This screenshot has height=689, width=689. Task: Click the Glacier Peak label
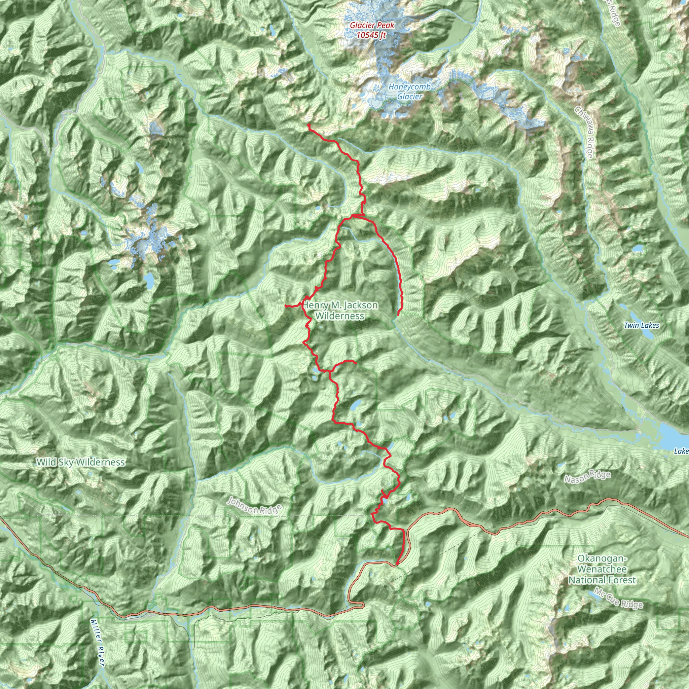point(372,25)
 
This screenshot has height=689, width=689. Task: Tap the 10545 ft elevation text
point(371,35)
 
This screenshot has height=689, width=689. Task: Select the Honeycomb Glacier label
point(409,91)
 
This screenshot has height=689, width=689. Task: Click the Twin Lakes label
point(642,325)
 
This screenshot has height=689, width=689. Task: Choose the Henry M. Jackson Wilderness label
point(340,310)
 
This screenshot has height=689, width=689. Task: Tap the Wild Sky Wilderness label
point(81,462)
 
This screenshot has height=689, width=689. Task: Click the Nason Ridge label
point(587,477)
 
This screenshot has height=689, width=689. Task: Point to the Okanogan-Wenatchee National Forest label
point(602,569)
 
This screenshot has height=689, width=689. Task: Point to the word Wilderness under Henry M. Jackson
point(340,316)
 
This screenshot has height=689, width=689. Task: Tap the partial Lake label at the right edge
point(681,451)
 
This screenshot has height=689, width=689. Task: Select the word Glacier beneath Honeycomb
point(410,96)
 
